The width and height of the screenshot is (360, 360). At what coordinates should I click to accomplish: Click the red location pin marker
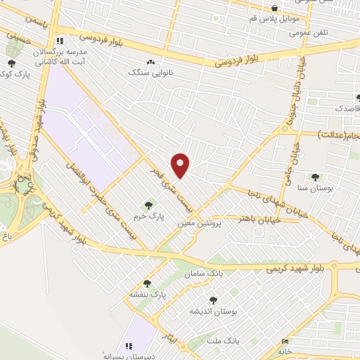click(x=181, y=164)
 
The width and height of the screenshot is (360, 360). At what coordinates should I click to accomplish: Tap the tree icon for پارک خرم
click(x=148, y=205)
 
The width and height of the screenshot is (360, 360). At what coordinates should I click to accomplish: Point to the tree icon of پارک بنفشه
click(x=147, y=283)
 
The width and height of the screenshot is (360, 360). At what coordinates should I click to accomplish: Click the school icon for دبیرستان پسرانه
click(x=129, y=346)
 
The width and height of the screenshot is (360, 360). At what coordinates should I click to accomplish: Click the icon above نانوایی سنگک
click(x=150, y=62)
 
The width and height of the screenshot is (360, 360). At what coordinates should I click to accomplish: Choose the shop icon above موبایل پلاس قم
click(x=274, y=8)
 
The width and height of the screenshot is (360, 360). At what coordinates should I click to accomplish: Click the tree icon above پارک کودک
click(x=10, y=63)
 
